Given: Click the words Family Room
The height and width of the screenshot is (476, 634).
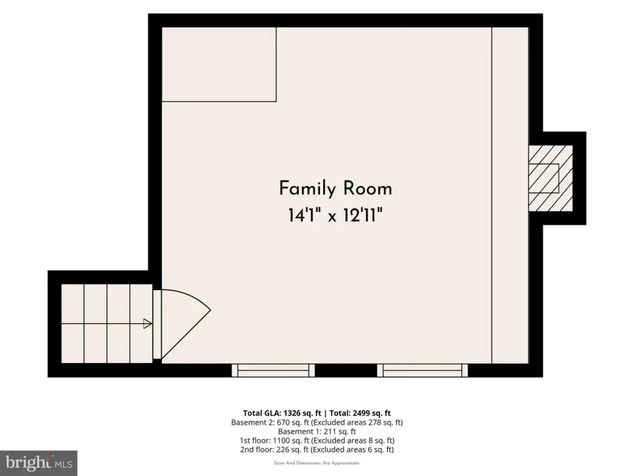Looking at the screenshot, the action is [x=336, y=188].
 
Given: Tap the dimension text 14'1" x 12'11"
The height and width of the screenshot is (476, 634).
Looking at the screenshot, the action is [x=335, y=215].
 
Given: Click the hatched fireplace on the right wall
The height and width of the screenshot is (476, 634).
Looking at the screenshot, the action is [x=550, y=178].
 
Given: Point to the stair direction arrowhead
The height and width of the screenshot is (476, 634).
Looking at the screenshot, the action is [x=147, y=324].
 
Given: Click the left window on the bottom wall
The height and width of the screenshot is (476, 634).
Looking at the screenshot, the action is [x=273, y=371].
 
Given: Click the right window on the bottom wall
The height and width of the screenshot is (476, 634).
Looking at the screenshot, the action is [x=422, y=371].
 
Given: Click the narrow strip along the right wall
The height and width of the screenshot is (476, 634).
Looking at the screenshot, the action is [x=510, y=195].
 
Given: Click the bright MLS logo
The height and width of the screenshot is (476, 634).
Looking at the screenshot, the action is [x=39, y=462].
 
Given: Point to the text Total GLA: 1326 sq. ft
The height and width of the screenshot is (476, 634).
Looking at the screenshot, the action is [x=282, y=413].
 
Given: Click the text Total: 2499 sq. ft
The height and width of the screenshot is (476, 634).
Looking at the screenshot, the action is [x=360, y=413].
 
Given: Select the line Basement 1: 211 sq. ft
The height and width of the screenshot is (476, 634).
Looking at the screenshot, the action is [x=317, y=431].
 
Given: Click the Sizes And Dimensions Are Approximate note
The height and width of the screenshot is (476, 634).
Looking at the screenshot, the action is [x=317, y=463].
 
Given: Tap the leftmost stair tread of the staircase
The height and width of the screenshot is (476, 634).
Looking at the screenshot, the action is [x=72, y=324].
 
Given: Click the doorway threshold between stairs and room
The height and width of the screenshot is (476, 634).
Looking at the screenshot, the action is [x=157, y=324].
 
